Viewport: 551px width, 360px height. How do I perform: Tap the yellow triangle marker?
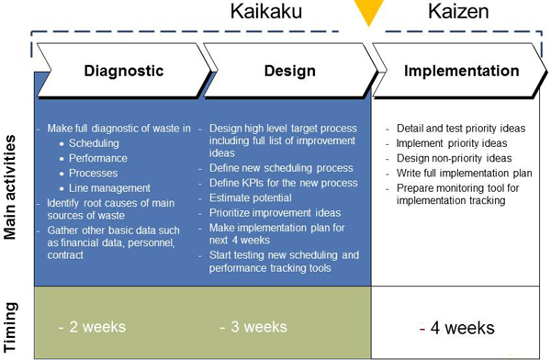(x=369, y=13)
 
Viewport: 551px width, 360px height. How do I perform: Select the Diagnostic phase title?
(x=124, y=71)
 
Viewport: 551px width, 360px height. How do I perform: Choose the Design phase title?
(x=289, y=71)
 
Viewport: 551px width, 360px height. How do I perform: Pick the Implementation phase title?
(x=461, y=71)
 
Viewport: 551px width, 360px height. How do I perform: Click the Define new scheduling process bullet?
(x=281, y=168)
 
